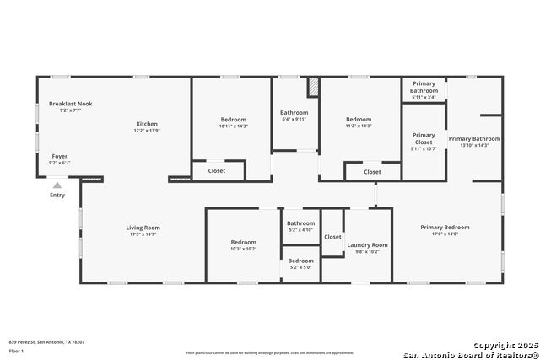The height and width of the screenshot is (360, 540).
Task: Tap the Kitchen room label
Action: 147,124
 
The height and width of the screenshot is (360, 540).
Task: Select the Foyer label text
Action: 60,156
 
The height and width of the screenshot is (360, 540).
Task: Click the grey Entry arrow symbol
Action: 57,185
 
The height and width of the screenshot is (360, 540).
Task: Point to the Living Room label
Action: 143,227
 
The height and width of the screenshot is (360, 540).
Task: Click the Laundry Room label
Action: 368,244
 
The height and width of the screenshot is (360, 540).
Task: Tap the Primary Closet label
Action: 424,138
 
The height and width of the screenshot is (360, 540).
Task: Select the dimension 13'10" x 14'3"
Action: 474,145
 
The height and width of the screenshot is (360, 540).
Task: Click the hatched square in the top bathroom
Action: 313,87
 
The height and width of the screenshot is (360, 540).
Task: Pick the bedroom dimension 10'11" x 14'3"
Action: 234,126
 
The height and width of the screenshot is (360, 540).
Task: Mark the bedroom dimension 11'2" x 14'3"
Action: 359,126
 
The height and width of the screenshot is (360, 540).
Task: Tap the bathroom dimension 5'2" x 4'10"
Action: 300,229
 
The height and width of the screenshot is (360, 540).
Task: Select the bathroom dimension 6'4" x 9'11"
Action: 294,119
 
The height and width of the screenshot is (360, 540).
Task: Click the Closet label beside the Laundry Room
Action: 332,237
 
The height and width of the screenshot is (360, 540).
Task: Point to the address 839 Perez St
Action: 46,341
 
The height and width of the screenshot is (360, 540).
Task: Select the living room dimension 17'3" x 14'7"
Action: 143,234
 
